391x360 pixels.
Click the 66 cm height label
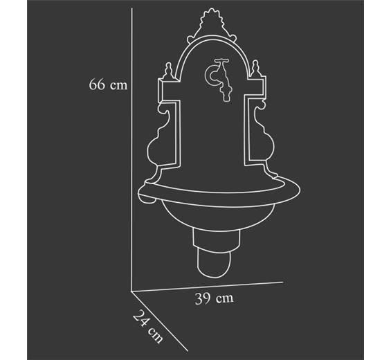click(108, 84)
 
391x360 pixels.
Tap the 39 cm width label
click(215, 298)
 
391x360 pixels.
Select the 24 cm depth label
click(147, 327)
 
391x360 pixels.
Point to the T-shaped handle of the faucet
click(222, 61)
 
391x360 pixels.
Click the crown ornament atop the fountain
click(212, 24)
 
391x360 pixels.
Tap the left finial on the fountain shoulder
click(169, 71)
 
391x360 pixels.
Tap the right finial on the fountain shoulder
click(255, 69)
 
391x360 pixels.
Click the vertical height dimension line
click(131, 150)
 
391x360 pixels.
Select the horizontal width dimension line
click(207, 287)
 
